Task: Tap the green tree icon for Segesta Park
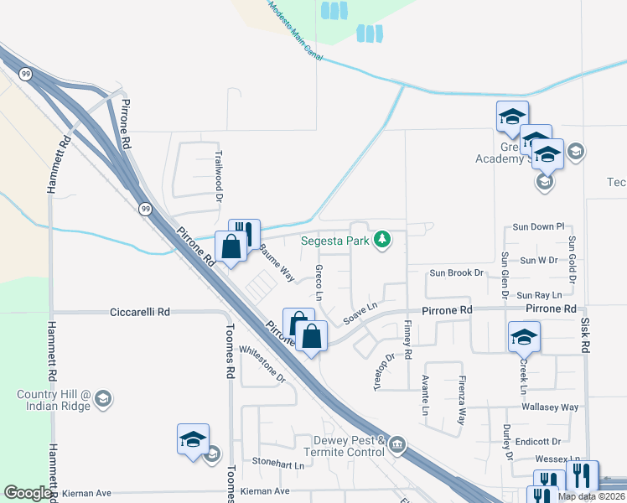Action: [x=383, y=241]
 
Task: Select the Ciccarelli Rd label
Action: [x=140, y=312]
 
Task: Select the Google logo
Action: [x=28, y=493]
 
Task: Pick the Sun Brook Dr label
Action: [x=457, y=272]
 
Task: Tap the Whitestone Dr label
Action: [x=262, y=365]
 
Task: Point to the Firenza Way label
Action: [x=462, y=397]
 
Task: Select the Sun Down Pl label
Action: [x=538, y=227]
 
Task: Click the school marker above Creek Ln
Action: [x=524, y=338]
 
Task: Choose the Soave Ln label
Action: [x=362, y=314]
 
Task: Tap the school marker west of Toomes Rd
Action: [x=193, y=440]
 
